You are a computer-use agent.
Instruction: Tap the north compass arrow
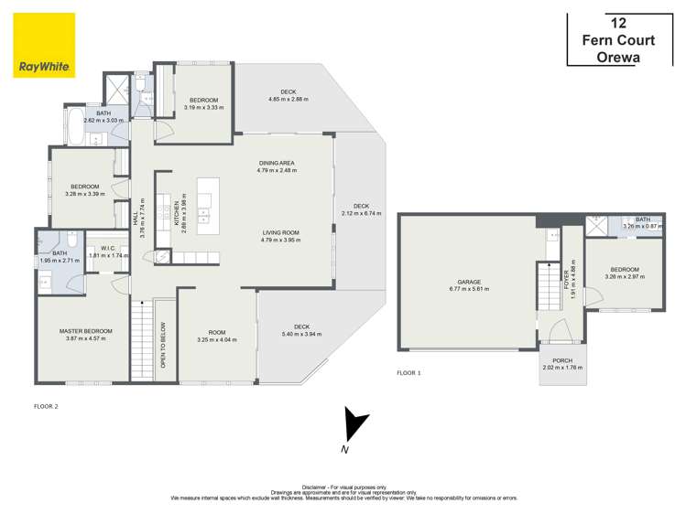click(x=351, y=428)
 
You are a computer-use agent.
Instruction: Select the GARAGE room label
click(x=469, y=282)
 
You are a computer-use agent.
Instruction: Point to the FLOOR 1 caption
click(x=409, y=372)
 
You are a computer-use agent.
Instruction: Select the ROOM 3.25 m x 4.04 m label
click(x=217, y=335)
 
